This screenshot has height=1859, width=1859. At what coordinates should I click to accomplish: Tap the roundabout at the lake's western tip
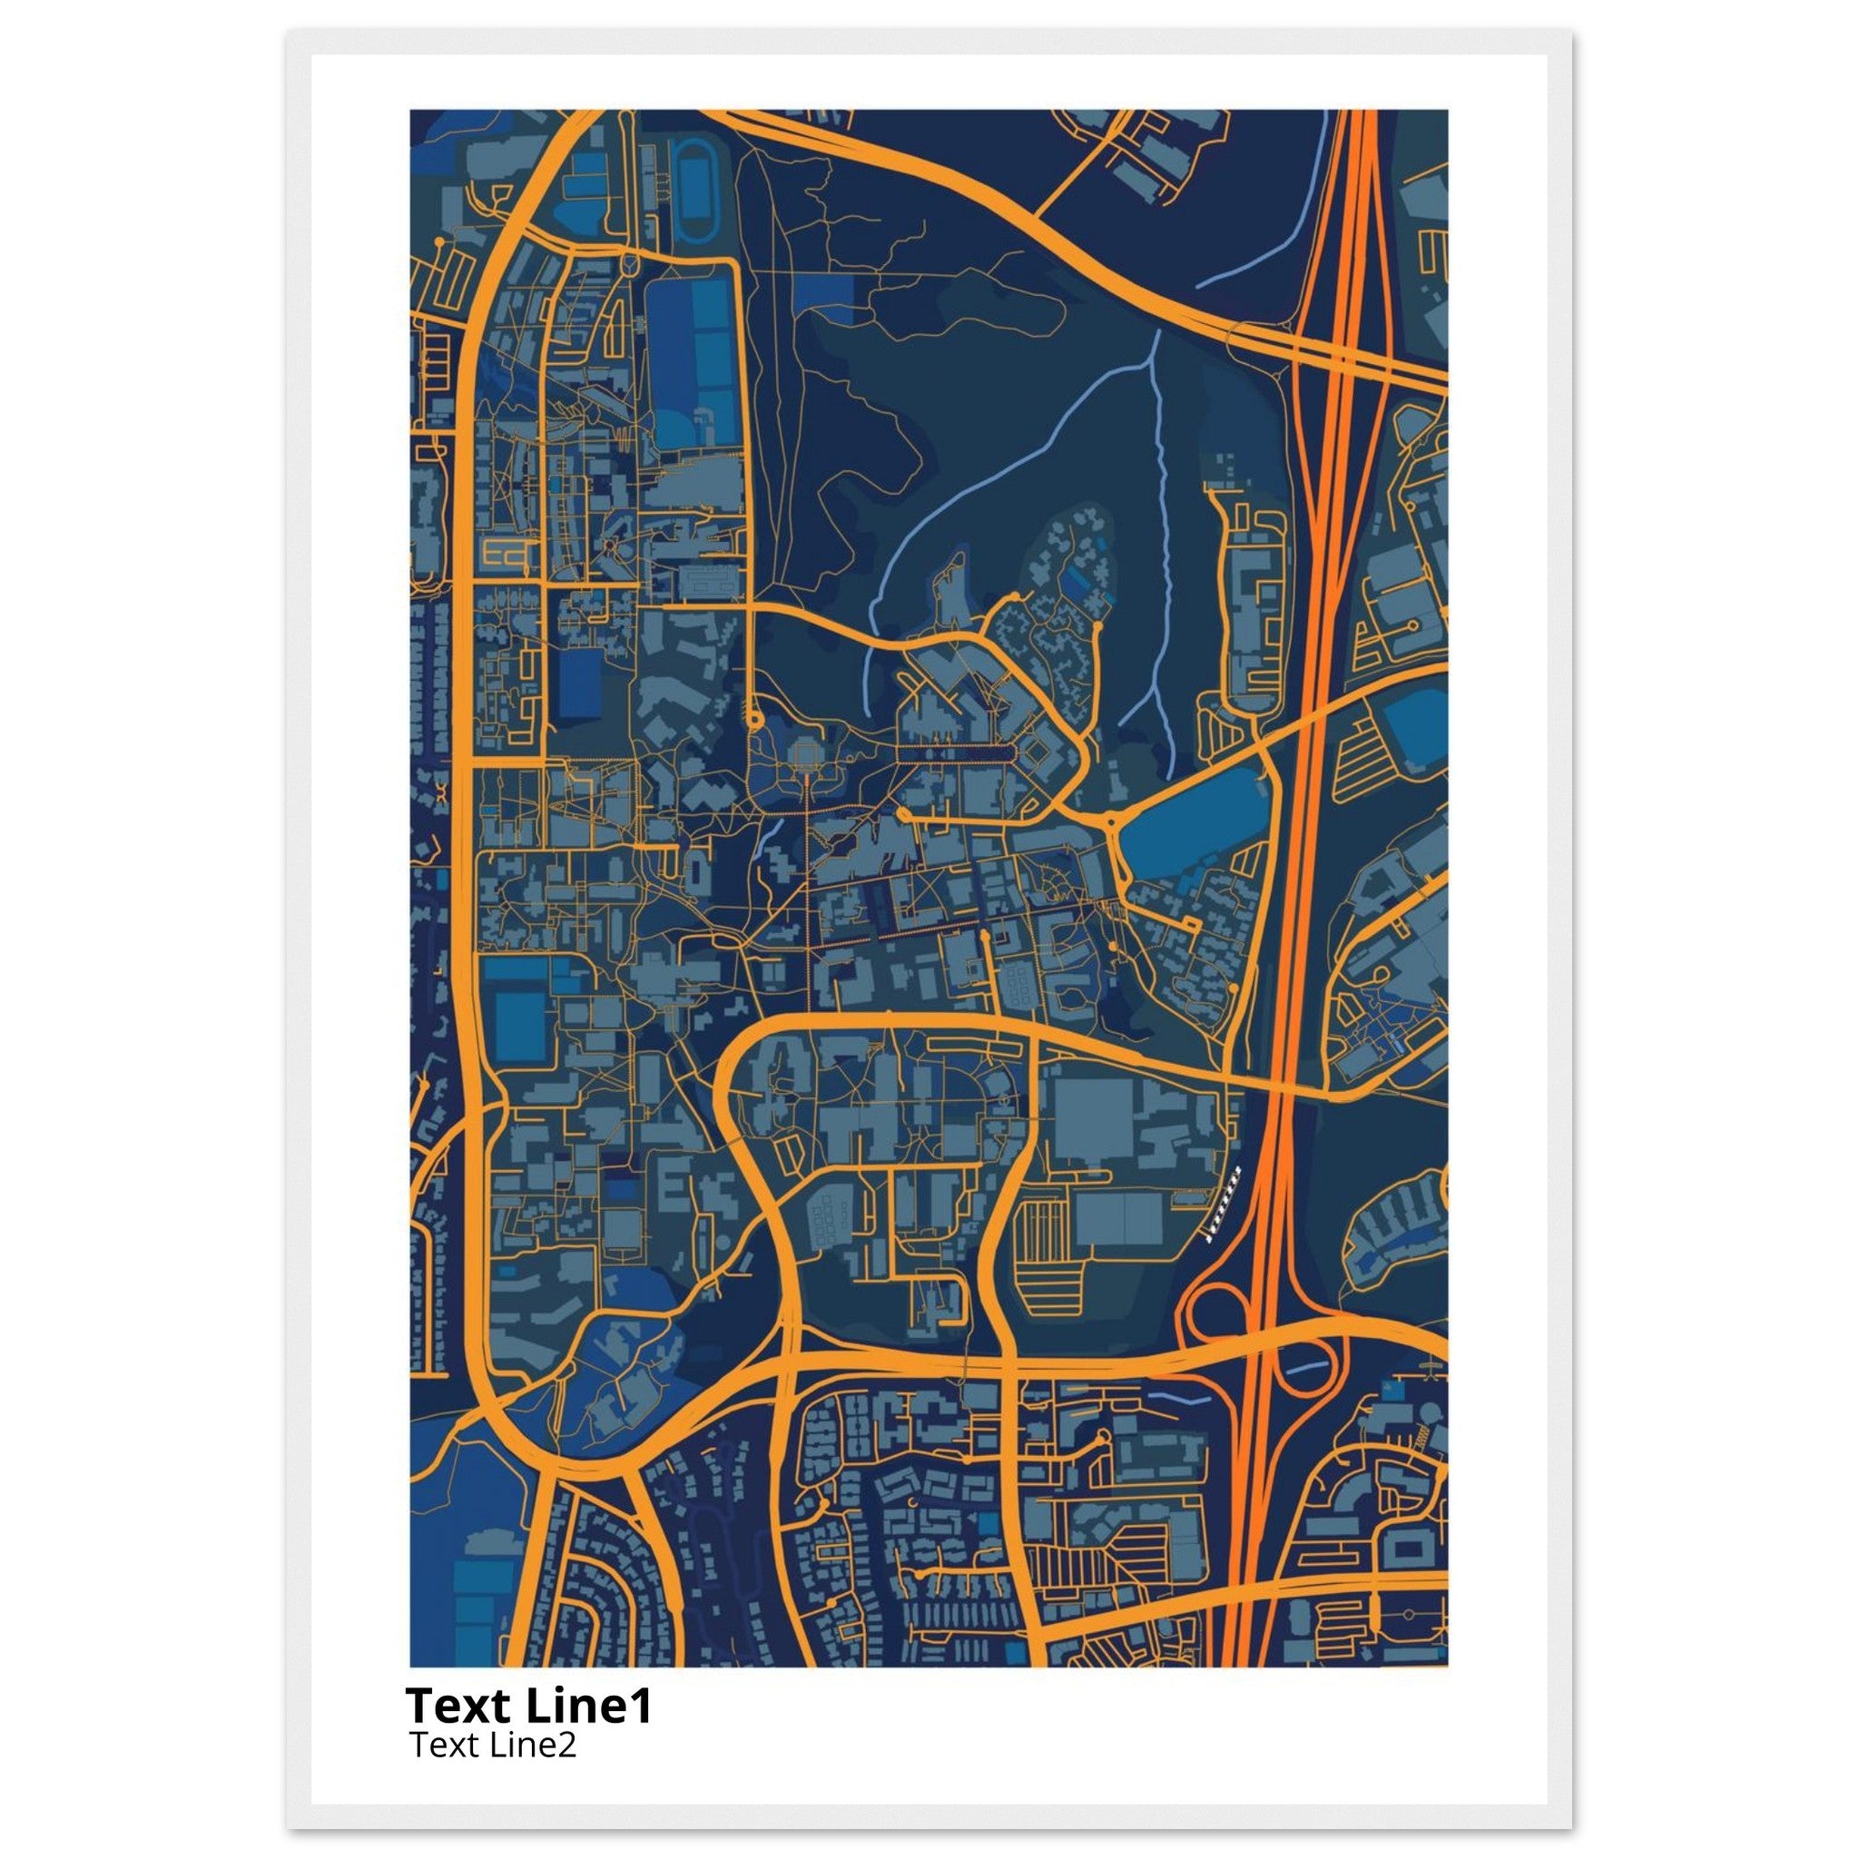pyautogui.click(x=1110, y=823)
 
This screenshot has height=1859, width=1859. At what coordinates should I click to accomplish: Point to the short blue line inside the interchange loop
pyautogui.click(x=1303, y=1367)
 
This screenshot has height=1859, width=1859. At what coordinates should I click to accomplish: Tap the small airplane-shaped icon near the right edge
pyautogui.click(x=1432, y=1365)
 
